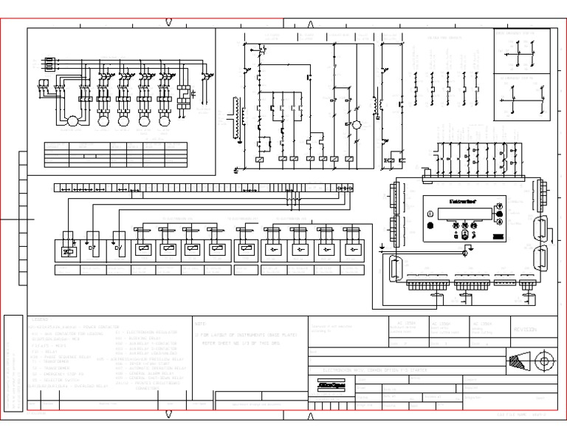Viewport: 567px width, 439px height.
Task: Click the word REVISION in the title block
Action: (526, 330)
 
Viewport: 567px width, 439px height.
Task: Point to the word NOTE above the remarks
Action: (201, 324)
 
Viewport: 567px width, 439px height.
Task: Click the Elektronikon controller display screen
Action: (464, 214)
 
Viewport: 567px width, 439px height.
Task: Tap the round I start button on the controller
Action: (430, 215)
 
